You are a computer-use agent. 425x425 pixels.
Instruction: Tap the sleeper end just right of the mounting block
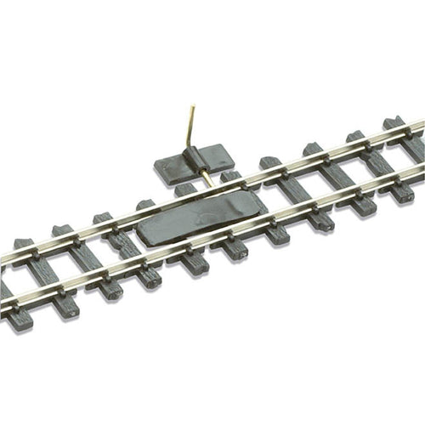269,161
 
